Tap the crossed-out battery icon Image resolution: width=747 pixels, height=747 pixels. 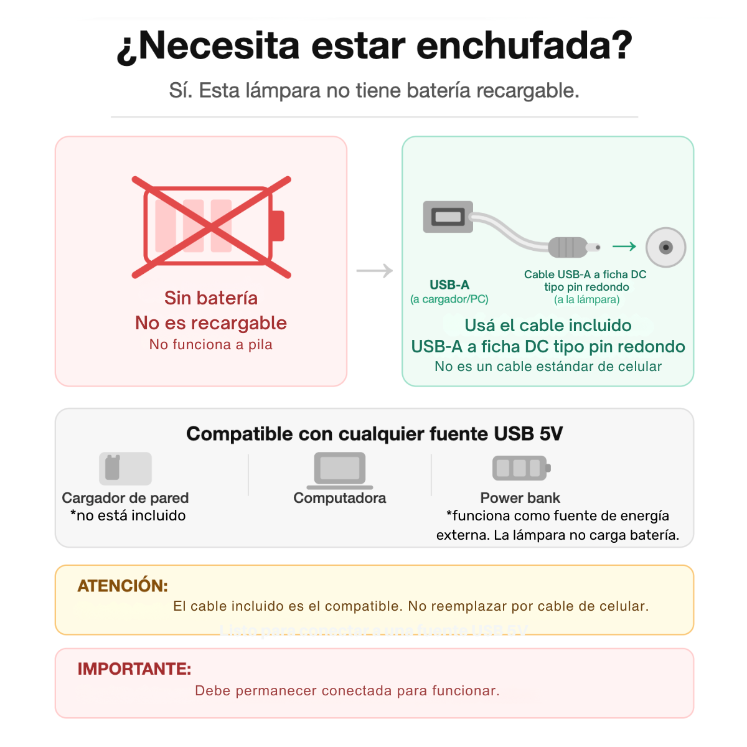pos(211,227)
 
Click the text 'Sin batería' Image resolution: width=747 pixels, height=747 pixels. pos(211,298)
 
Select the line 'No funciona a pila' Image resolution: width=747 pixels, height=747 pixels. pos(211,344)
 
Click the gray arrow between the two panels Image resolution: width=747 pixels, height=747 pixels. pos(375,271)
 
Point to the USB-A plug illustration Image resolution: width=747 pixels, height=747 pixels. pos(448,217)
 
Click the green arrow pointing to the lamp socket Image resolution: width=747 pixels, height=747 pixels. pos(624,246)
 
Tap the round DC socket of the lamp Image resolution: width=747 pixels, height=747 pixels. pos(665,247)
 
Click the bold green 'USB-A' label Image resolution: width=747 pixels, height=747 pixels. pos(449,285)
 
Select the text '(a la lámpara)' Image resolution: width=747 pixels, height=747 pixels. pos(586,299)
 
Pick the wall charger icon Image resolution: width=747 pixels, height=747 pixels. pos(125,468)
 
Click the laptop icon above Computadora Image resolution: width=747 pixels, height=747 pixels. pos(340,471)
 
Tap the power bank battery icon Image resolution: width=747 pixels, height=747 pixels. pos(522,468)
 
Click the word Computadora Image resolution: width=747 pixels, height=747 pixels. pos(340,498)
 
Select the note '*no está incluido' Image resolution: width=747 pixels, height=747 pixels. pos(128,515)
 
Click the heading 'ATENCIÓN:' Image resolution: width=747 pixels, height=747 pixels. pos(123,586)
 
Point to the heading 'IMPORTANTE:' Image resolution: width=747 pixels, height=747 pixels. pos(134,669)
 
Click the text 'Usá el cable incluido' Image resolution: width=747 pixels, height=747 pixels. pos(548,326)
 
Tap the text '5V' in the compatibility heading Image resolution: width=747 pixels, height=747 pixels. pos(551,434)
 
